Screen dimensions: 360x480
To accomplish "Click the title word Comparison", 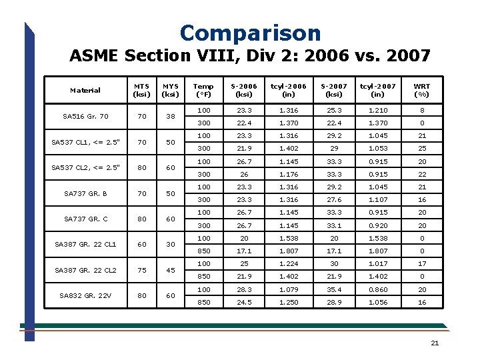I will tap(250, 33).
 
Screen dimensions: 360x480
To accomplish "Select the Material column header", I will tap(85, 90).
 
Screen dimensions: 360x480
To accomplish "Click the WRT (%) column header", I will tap(422, 90).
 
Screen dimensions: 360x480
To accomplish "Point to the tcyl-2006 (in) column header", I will tap(289, 90).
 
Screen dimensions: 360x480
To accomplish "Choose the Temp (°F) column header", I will tap(203, 90).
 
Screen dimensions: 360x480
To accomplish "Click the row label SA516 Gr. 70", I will tap(85, 116).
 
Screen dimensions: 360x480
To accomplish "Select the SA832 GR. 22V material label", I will tap(85, 295).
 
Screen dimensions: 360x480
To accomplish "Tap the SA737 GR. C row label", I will tap(85, 219).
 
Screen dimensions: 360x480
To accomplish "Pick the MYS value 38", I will tap(171, 116).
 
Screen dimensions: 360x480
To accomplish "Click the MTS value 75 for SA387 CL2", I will tap(141, 270).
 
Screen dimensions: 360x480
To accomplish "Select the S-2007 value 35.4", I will tap(334, 289).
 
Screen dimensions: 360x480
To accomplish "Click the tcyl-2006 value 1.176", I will tap(289, 174).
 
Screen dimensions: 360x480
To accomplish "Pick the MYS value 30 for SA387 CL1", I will tap(171, 245).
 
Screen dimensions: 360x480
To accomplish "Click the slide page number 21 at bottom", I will tap(435, 343).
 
